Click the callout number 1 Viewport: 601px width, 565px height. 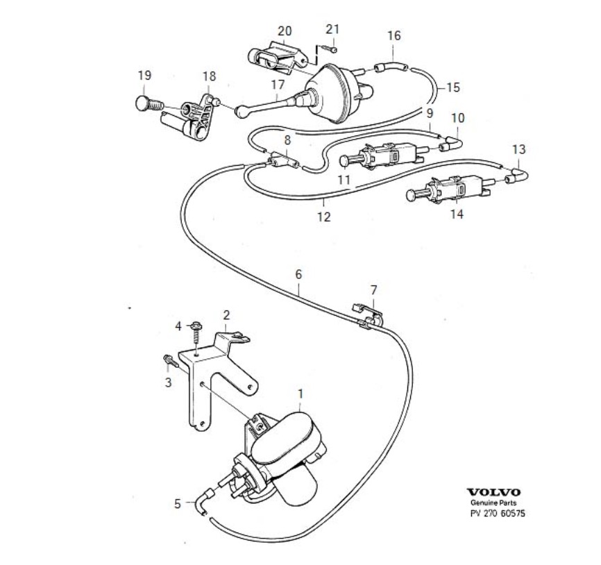click(x=300, y=394)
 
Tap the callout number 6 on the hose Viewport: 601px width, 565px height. click(x=298, y=274)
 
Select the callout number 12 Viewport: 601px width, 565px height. click(x=324, y=217)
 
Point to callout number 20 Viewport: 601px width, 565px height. click(x=285, y=31)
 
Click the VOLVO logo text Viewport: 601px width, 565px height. click(x=493, y=492)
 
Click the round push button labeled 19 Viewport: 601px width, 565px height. click(x=143, y=105)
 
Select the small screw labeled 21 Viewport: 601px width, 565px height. click(x=333, y=49)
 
